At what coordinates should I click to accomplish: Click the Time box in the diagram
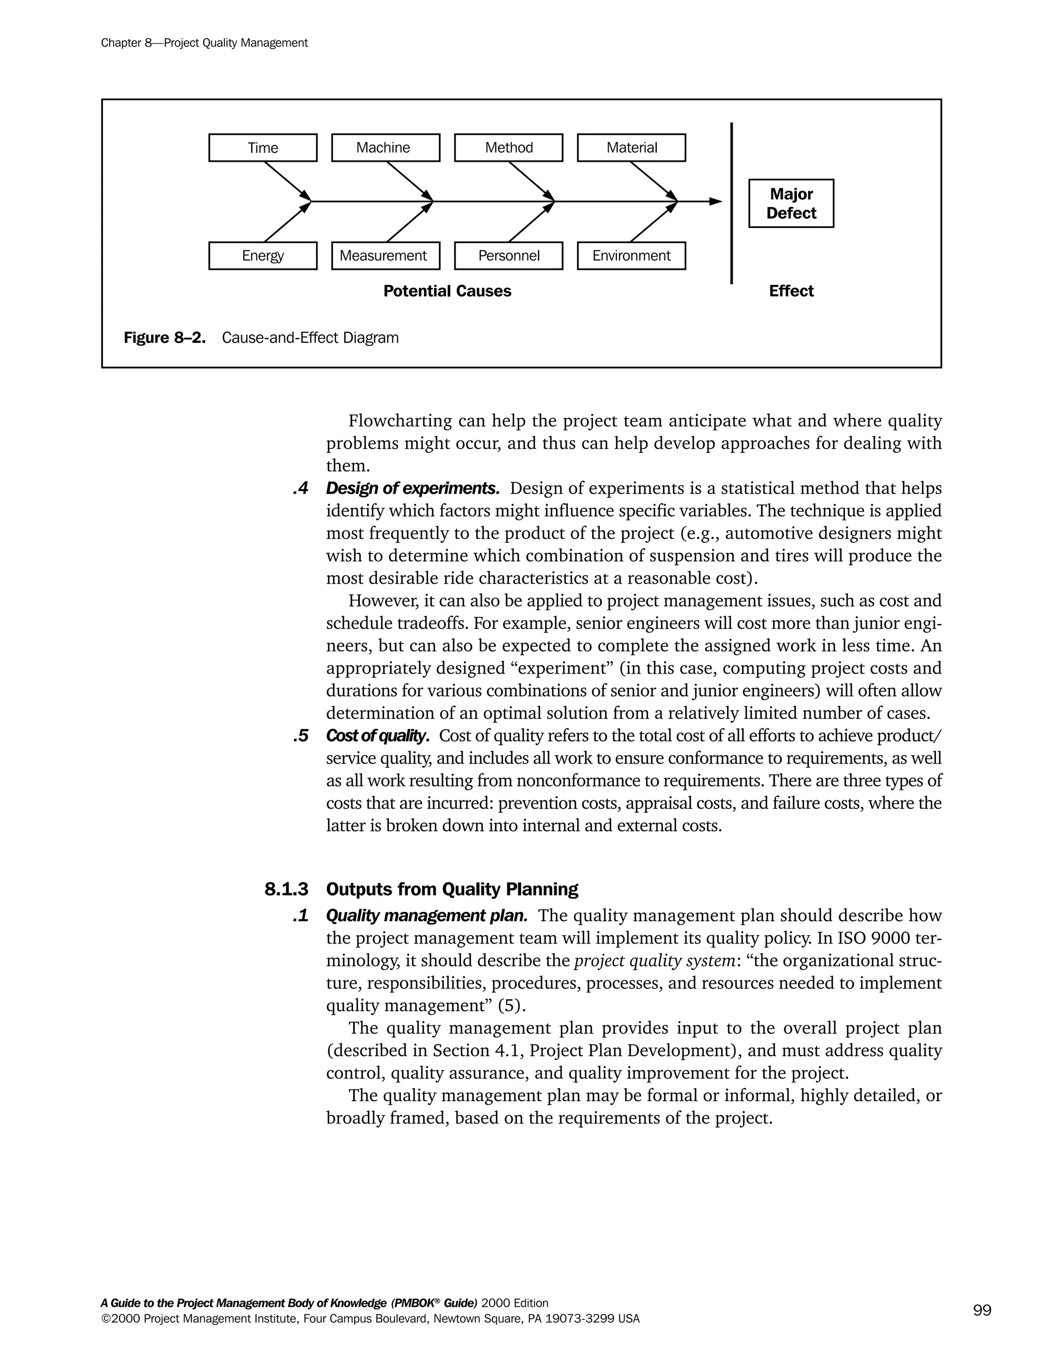click(x=262, y=148)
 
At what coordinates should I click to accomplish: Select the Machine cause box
click(x=385, y=148)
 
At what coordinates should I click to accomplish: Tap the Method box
click(x=508, y=148)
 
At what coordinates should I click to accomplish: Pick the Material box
click(x=631, y=148)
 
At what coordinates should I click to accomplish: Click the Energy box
click(x=262, y=256)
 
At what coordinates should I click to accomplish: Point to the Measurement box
click(x=385, y=256)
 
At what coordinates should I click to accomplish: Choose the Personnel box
click(x=508, y=256)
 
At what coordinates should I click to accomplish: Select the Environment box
click(x=631, y=256)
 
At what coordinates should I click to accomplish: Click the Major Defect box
click(x=791, y=203)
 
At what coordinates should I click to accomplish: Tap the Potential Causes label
click(x=447, y=291)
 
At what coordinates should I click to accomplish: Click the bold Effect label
click(x=791, y=291)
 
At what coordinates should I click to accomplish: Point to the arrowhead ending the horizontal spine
click(x=716, y=201)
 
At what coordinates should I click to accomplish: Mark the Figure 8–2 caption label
click(x=164, y=338)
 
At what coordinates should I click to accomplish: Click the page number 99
click(x=982, y=1311)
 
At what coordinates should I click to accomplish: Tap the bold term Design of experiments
click(x=412, y=488)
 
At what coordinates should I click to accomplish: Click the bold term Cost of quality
click(x=377, y=735)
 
